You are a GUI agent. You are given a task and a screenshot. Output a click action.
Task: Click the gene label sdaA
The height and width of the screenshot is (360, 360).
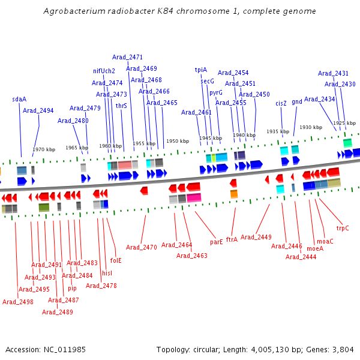click(x=19, y=99)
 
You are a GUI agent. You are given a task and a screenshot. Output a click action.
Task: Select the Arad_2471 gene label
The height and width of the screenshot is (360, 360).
click(x=127, y=58)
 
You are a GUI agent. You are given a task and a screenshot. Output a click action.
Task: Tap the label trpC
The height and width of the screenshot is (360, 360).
click(x=343, y=228)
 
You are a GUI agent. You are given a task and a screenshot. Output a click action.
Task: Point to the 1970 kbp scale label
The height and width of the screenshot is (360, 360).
click(x=44, y=149)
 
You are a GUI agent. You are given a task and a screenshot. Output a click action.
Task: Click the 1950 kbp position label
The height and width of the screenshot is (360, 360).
click(x=178, y=140)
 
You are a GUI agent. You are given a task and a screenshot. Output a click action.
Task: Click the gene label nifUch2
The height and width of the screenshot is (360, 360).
click(x=104, y=71)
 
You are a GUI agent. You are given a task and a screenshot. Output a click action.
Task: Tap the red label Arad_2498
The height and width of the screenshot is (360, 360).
click(x=18, y=302)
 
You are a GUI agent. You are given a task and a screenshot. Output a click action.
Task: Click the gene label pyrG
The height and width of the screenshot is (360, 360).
click(x=215, y=92)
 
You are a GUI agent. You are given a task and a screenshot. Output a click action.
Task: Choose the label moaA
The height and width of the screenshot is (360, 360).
click(x=314, y=248)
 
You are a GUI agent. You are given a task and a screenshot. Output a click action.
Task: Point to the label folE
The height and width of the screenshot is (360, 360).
click(x=116, y=260)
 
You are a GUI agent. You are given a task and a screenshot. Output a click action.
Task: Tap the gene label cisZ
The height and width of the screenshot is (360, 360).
click(x=281, y=103)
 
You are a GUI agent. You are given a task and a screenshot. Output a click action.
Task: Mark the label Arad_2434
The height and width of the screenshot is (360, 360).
click(x=320, y=99)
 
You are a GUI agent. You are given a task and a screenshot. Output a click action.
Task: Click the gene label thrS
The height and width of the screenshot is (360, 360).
click(x=121, y=106)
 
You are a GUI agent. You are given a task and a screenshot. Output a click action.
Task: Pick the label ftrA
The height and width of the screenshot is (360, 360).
click(x=232, y=239)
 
